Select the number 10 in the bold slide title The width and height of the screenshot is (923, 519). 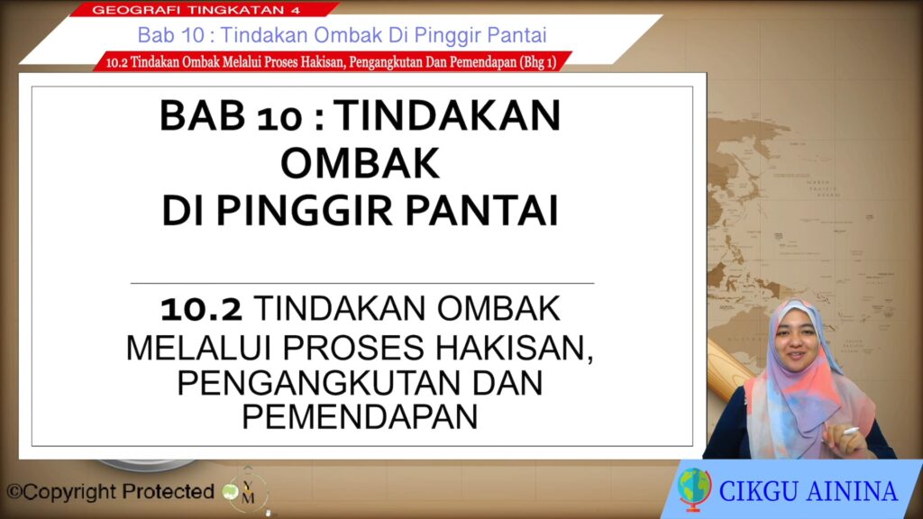click(x=280, y=117)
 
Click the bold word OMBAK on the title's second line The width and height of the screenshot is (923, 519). click(x=360, y=163)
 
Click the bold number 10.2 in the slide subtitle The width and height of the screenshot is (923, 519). click(x=201, y=309)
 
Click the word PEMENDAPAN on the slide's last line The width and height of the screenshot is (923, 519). click(x=360, y=416)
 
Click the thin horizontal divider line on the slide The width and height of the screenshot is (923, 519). click(x=362, y=283)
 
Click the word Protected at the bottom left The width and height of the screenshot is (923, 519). click(x=168, y=491)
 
